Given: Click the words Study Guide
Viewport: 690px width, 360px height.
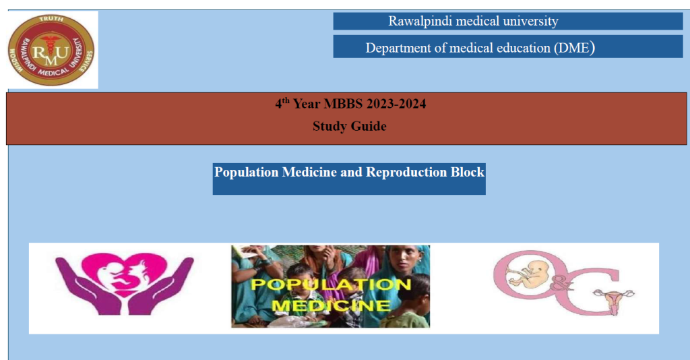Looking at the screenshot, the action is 350,126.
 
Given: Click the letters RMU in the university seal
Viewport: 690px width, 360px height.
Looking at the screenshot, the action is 51,53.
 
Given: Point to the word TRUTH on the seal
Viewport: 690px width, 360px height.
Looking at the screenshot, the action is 51,19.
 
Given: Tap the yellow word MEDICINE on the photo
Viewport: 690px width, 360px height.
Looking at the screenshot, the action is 331,305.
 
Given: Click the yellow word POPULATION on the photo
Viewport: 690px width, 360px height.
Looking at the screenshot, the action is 331,284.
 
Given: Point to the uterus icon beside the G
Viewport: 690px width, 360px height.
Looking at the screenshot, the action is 613,299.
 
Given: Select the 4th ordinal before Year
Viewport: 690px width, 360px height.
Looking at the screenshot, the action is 282,103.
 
